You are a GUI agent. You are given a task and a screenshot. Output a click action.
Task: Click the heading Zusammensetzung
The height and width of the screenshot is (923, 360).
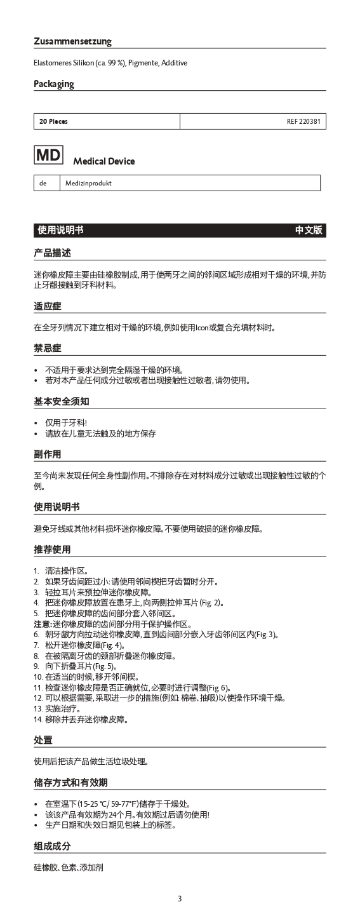click(72, 41)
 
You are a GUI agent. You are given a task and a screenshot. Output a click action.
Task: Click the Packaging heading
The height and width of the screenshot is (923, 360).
click(54, 84)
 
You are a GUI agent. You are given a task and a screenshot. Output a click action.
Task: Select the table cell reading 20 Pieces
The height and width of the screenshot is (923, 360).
click(53, 121)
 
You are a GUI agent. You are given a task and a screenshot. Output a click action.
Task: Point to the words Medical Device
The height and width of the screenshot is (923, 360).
click(103, 161)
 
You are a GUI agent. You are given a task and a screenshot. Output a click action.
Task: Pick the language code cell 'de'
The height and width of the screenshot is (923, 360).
click(43, 183)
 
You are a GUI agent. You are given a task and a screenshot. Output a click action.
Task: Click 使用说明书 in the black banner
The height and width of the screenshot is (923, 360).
click(60, 231)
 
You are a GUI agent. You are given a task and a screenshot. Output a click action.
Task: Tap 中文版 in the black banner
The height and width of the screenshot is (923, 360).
click(309, 231)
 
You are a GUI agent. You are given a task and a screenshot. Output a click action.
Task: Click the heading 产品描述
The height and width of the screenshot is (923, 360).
click(52, 253)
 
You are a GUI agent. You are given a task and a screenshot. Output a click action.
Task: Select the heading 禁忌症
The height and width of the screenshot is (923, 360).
click(48, 348)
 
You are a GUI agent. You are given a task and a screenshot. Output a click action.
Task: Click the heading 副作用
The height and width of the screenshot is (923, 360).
click(48, 454)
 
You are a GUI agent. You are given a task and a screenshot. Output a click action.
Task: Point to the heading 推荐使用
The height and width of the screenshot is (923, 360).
click(52, 549)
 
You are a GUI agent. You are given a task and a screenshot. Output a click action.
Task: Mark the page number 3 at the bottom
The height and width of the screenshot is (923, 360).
click(180, 898)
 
